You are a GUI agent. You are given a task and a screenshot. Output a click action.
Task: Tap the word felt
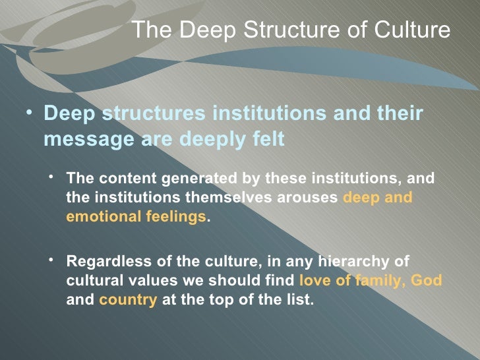[x=268, y=139]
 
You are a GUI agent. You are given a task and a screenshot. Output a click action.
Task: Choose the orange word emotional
[x=95, y=216]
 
